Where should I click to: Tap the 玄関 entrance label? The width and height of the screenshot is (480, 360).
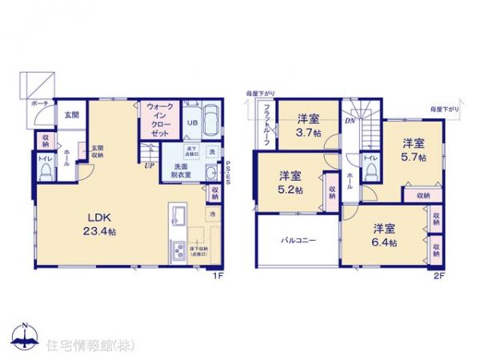[72, 114]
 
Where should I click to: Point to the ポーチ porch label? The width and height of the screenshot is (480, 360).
[40, 105]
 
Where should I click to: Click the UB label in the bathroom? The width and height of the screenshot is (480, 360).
[192, 123]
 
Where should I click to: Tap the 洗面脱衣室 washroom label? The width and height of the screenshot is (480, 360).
[175, 173]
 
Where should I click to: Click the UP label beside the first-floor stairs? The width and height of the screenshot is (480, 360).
[150, 166]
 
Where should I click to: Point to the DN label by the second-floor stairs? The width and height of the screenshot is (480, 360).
[350, 121]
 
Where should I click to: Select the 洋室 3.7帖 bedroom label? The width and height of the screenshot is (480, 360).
[306, 124]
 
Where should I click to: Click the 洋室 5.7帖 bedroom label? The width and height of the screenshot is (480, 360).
[412, 150]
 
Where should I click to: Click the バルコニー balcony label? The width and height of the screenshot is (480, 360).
[297, 239]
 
